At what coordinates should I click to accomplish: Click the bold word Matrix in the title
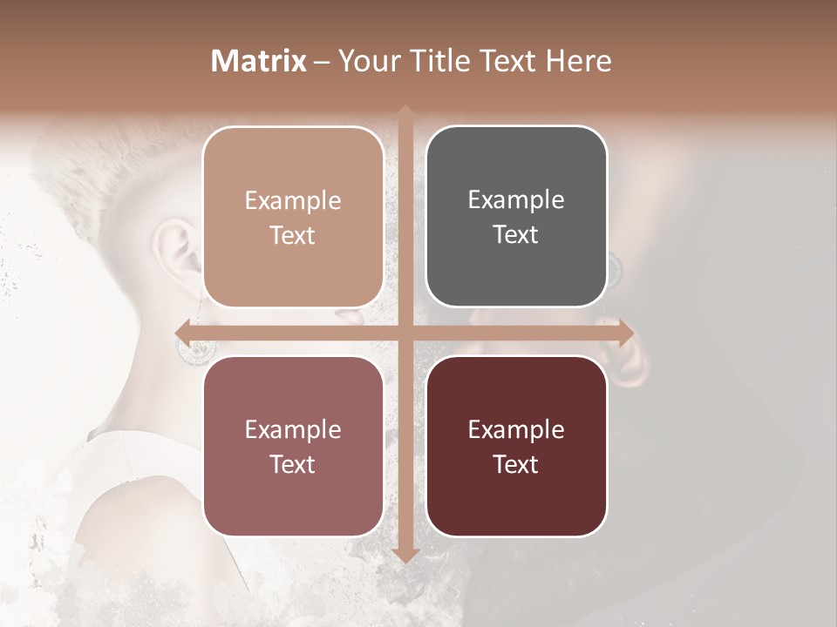pos(259,61)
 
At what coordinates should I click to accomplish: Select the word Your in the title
pos(370,61)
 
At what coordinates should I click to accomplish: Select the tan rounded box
pos(293,217)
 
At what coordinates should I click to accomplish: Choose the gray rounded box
pos(516,217)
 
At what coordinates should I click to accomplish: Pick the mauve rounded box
pos(293,446)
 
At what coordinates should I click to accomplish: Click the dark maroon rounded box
pos(516,446)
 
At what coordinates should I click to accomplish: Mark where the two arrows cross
pos(405,333)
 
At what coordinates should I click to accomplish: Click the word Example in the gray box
pos(516,199)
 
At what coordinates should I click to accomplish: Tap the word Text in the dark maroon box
pos(516,464)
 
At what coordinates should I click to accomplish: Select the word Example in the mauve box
pos(293,429)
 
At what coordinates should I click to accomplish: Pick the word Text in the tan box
pos(293,235)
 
